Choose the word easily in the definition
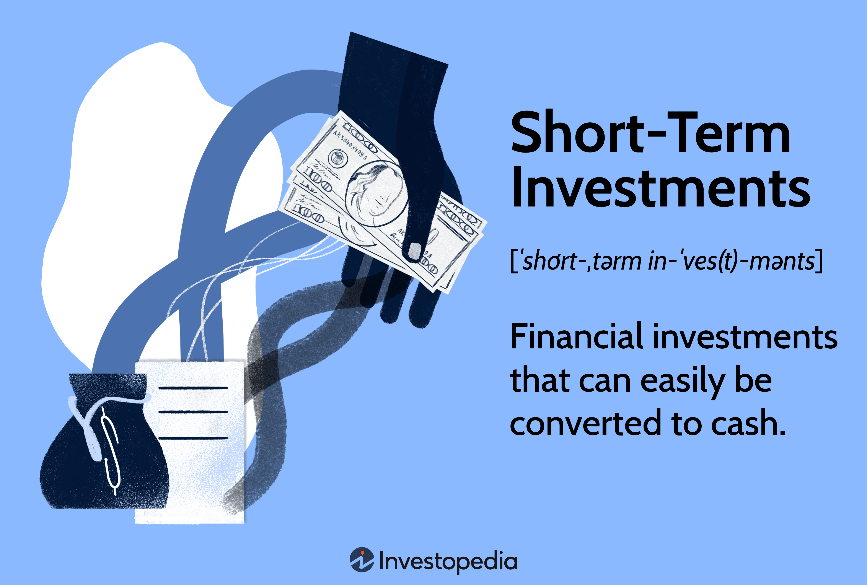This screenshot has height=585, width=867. click(682, 381)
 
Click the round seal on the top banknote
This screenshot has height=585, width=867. click(338, 158)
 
